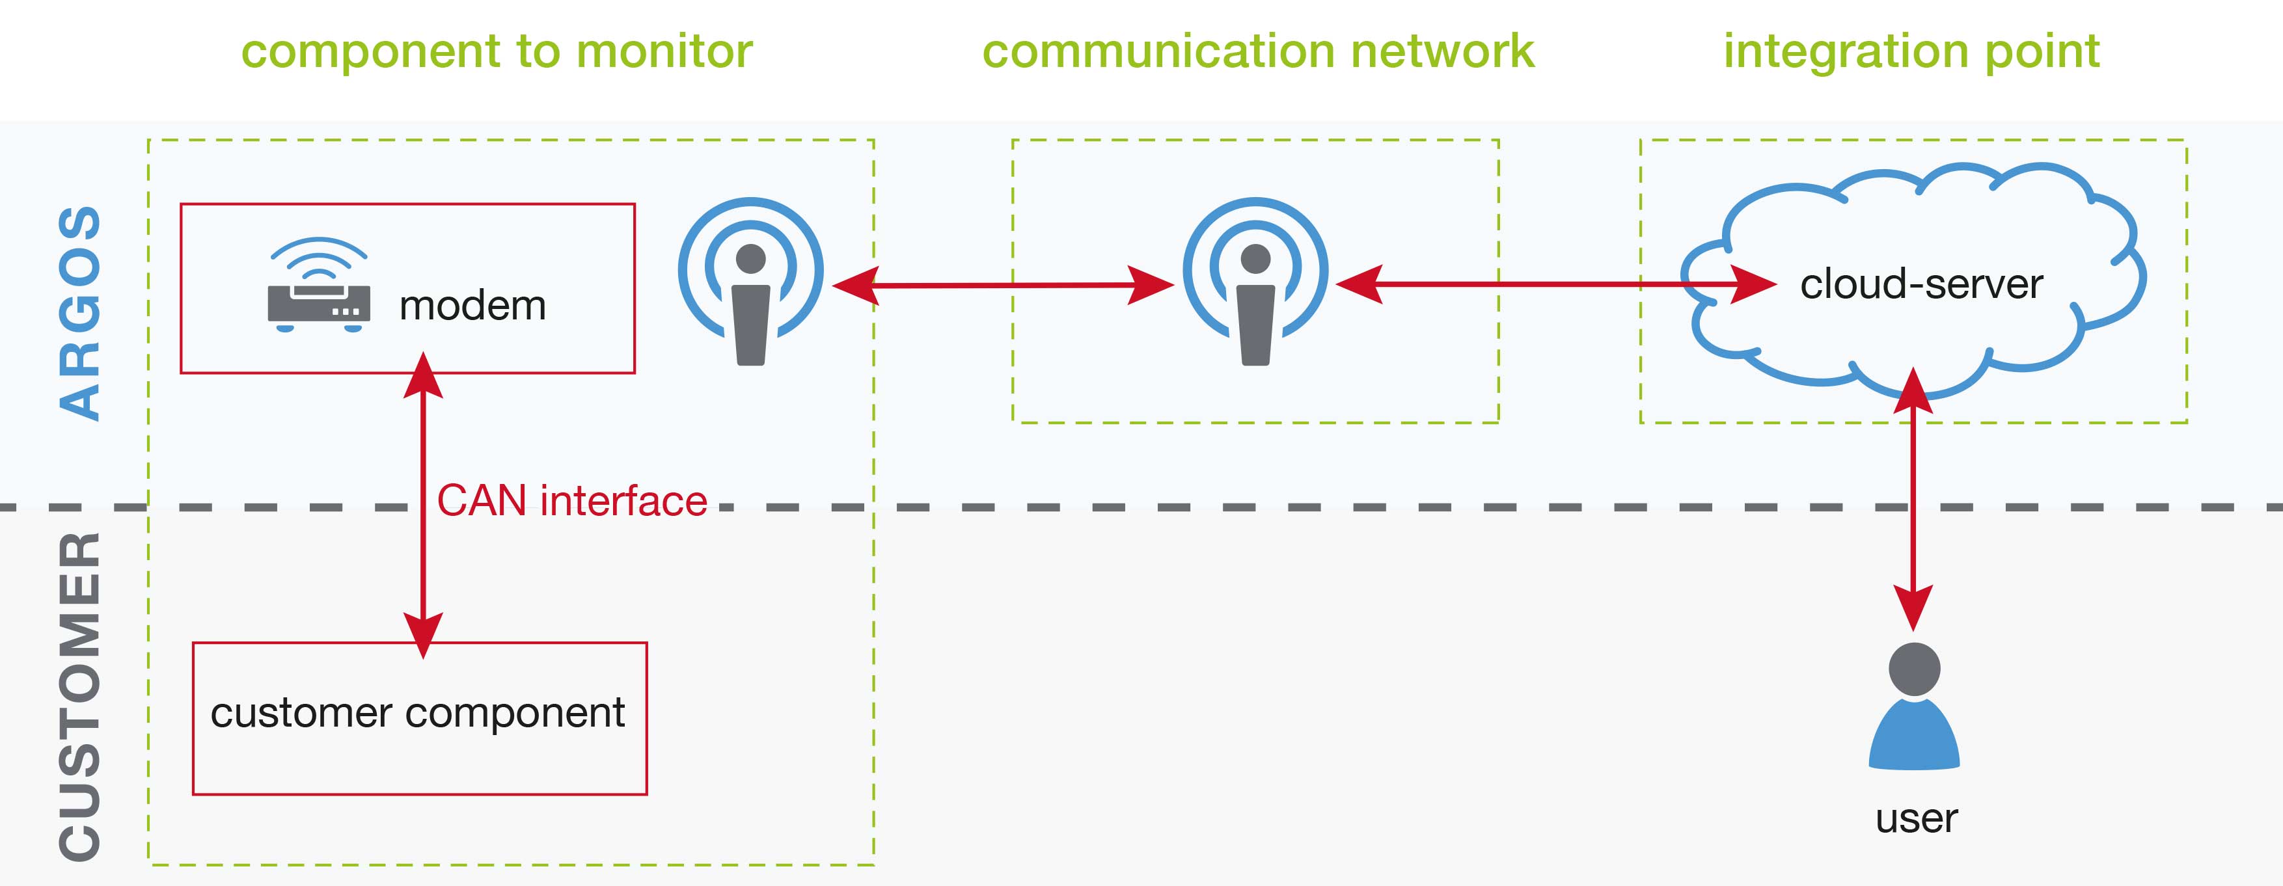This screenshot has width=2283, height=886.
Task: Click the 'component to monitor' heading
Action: [497, 51]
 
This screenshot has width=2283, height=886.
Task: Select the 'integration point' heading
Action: [1911, 51]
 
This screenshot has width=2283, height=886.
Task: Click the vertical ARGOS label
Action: [80, 313]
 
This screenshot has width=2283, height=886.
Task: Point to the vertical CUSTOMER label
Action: [80, 695]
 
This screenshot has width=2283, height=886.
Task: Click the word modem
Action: [472, 306]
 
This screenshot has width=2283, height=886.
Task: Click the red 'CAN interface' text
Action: [571, 501]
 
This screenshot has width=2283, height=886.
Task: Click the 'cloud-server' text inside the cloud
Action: [1921, 284]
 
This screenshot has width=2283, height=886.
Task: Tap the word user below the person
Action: [1916, 818]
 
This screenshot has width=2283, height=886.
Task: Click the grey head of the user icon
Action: [1914, 669]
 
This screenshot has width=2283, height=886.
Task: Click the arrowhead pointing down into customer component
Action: [424, 636]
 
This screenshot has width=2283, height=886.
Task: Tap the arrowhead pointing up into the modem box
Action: [424, 374]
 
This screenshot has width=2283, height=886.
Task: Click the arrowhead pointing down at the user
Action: [1913, 608]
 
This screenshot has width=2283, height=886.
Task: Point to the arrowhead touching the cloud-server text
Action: [1753, 284]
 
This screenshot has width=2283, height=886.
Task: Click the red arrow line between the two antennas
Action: [1002, 286]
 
